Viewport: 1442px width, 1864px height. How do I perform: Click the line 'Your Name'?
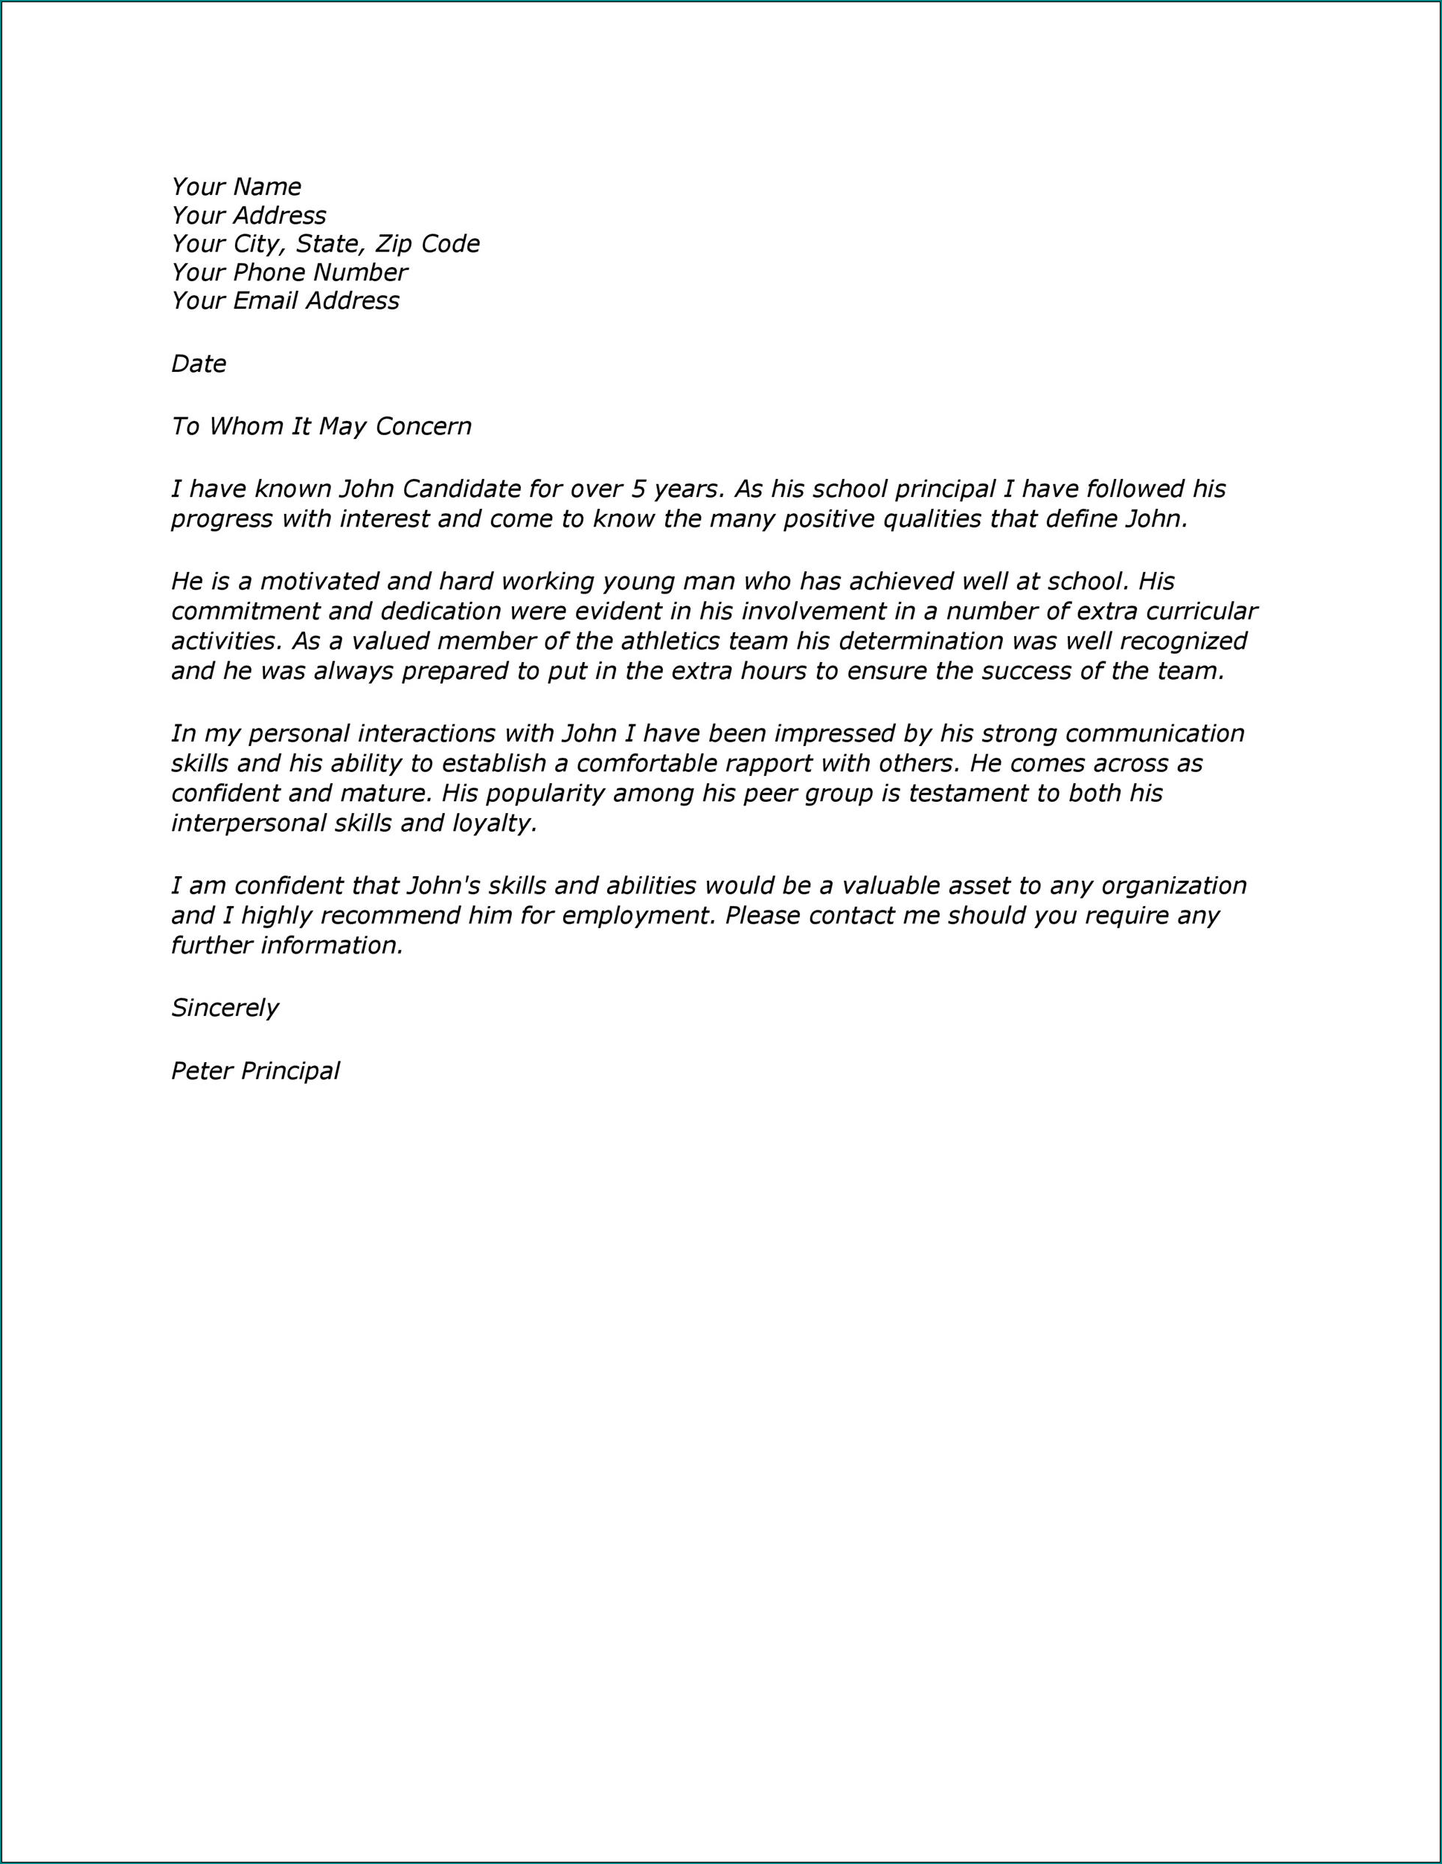(236, 187)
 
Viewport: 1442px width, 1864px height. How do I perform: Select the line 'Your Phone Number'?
(289, 272)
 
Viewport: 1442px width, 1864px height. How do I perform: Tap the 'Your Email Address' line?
(284, 301)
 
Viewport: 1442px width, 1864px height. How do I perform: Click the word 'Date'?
(198, 364)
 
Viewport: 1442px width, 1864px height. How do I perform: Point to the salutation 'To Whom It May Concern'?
(321, 426)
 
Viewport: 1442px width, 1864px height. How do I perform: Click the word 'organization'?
(1174, 886)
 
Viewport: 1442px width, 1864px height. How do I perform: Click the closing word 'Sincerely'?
(225, 1008)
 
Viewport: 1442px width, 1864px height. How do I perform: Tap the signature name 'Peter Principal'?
(255, 1071)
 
